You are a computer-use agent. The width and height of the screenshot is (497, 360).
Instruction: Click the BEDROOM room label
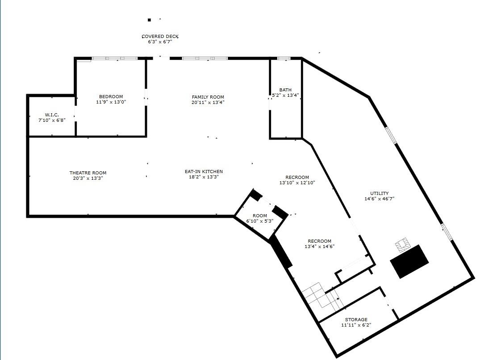coord(111,96)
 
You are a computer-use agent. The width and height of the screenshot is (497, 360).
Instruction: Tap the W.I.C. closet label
coord(52,115)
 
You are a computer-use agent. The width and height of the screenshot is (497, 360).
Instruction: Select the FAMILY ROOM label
coord(208,97)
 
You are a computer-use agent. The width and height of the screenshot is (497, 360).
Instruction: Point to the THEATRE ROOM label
coord(88,173)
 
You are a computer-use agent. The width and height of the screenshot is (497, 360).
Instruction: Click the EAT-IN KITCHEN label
coord(204,172)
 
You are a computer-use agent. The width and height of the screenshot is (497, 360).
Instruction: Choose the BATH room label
coord(285,90)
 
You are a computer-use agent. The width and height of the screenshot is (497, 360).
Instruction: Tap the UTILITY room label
coord(380,194)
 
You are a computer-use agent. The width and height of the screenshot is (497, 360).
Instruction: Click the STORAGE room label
coord(356,320)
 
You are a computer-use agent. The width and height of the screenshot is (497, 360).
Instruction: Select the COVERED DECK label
coord(160,37)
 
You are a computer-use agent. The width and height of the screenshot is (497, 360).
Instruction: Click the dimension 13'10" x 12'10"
coord(297,183)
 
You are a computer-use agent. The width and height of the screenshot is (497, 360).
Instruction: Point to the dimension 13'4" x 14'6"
coord(320,246)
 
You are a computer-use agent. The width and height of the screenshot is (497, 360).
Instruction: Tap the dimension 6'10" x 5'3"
coord(260,221)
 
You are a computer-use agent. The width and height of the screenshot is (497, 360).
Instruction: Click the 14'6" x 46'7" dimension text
coord(380,199)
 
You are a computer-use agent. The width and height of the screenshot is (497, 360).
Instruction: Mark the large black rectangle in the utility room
coord(409,261)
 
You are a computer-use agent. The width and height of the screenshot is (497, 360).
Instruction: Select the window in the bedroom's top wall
coord(114,58)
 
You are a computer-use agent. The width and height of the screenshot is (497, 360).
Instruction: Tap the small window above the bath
coord(284,58)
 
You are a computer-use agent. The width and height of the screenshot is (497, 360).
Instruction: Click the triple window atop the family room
coord(205,58)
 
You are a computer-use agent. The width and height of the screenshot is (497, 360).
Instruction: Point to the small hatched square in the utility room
coord(402,245)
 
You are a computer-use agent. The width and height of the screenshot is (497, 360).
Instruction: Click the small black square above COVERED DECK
coord(149,20)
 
